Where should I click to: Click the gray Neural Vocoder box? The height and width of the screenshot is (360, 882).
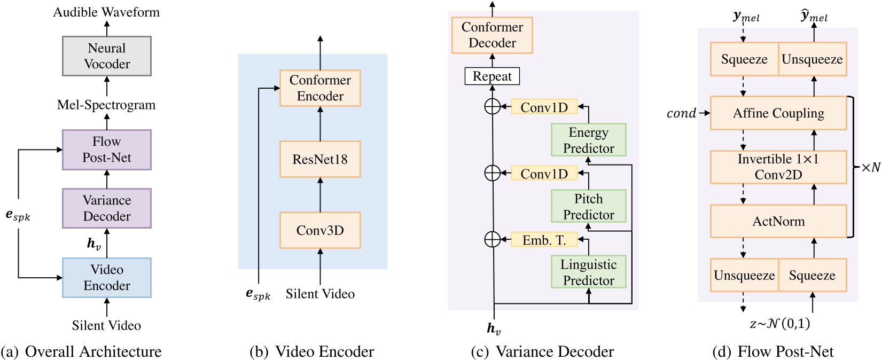coord(107,56)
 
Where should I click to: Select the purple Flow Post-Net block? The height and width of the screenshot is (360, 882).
coord(107,150)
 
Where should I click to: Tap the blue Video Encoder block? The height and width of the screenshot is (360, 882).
coord(107,278)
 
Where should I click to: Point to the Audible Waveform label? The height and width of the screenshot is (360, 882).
coord(106,12)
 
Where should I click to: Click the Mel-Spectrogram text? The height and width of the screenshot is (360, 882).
coord(106,105)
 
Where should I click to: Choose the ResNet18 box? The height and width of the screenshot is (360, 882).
coord(320,159)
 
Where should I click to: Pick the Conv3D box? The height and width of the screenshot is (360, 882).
coord(320,230)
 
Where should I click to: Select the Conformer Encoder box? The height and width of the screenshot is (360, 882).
coord(320,88)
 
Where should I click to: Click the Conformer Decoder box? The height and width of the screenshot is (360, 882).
coord(492,35)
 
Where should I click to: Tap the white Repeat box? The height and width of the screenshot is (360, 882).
coord(492,76)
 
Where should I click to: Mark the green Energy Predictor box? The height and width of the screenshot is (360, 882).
coord(588,140)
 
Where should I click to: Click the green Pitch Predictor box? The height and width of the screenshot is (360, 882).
coord(588,206)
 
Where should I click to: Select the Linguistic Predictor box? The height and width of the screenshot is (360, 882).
coord(588,272)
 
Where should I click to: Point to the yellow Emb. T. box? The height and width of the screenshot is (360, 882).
coord(544,240)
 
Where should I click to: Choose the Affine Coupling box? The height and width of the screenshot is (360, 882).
coord(778,113)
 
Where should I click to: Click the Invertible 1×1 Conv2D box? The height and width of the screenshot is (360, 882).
coord(778,167)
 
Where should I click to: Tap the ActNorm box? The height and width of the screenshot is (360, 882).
coord(778,221)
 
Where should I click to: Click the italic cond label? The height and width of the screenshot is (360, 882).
coord(681,113)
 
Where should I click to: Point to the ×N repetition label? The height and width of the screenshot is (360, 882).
coord(870,167)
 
